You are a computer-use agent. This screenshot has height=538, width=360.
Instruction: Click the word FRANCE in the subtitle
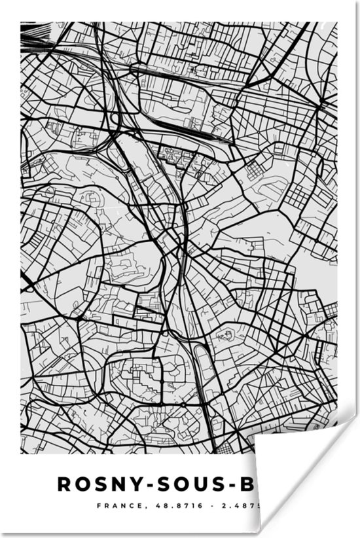(114, 506)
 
